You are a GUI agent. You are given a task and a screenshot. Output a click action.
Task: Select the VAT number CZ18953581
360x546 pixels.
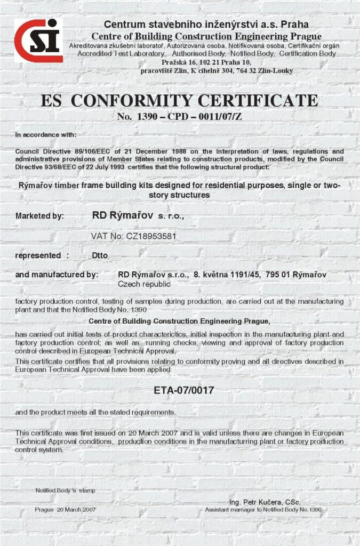pos(134,235)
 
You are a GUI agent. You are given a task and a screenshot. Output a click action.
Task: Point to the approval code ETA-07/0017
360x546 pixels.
pos(183,390)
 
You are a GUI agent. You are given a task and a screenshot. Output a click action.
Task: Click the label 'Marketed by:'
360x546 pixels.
pos(39,216)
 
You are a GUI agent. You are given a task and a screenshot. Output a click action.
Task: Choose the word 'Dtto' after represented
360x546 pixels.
pos(100,255)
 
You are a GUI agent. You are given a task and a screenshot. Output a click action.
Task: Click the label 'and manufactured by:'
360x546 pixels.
pos(57,275)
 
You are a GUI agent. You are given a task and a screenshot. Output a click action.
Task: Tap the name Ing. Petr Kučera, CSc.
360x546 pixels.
pos(265,502)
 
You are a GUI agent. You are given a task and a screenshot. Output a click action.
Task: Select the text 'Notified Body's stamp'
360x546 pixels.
pos(65,490)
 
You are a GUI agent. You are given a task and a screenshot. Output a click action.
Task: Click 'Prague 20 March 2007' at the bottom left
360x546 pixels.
pos(65,510)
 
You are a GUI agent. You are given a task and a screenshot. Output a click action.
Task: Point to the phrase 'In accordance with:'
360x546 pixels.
pos(46,134)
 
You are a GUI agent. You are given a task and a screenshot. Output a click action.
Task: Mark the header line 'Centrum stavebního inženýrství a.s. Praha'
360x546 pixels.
pos(206,25)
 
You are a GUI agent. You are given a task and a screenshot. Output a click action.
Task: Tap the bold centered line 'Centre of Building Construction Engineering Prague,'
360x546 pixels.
pos(179,321)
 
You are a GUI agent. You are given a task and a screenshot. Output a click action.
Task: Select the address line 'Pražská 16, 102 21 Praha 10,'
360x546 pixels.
pos(206,62)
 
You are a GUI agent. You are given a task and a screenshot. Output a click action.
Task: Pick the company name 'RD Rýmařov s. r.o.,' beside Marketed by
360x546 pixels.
pos(138,216)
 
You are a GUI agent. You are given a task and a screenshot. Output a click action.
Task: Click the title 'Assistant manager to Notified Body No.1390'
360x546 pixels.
pos(263,510)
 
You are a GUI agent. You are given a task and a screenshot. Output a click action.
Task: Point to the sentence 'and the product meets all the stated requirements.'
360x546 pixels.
pos(95,412)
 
